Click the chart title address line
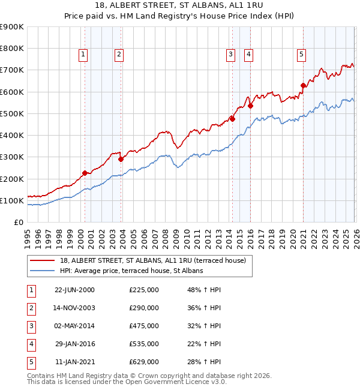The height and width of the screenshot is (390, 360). [179, 6]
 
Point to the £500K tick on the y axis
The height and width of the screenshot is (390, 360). [12, 113]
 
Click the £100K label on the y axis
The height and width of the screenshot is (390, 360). [12, 200]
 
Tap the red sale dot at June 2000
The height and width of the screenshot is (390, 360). [85, 173]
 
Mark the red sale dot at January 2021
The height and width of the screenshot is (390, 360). [303, 85]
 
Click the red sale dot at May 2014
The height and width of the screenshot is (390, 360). [232, 119]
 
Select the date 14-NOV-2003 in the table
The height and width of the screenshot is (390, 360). [75, 308]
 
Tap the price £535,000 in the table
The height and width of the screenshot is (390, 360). [144, 344]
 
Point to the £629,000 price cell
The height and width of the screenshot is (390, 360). [144, 362]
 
